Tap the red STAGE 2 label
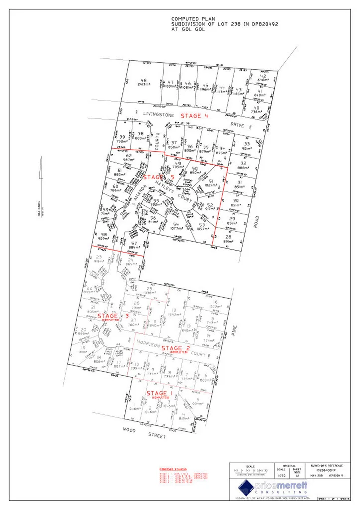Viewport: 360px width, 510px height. coord(179,348)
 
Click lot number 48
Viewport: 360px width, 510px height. coord(144,80)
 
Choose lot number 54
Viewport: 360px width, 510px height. coord(176,224)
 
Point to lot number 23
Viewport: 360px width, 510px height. coord(99,257)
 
